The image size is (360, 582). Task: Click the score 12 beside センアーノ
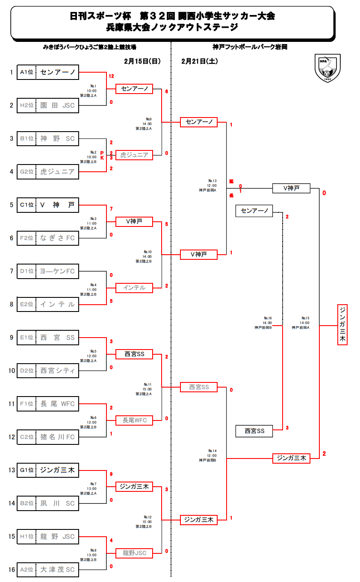click(x=111, y=76)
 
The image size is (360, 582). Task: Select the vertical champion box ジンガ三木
click(x=342, y=324)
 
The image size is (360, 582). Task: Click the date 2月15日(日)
click(x=142, y=61)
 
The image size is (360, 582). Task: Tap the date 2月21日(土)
click(x=200, y=61)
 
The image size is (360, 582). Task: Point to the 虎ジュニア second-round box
click(x=134, y=155)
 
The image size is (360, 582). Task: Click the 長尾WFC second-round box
click(x=134, y=420)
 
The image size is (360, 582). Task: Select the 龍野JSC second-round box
click(x=134, y=553)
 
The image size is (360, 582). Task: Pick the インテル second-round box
click(x=134, y=288)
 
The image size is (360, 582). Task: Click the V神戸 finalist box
click(x=291, y=188)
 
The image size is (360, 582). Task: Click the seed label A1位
click(x=27, y=72)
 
